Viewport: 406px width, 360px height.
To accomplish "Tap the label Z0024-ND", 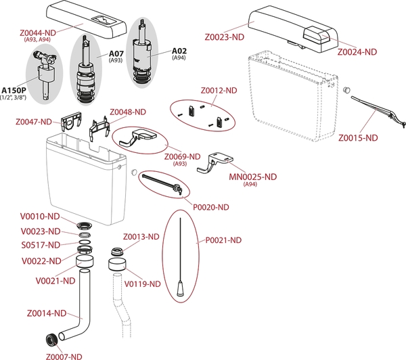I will click(x=357, y=51).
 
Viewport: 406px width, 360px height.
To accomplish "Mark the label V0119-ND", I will click(x=142, y=284).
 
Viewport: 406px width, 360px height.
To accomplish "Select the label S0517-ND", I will click(x=41, y=245).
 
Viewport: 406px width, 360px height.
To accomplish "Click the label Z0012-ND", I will click(x=219, y=90).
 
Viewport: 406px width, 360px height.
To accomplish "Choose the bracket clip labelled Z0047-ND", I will click(x=72, y=123).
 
